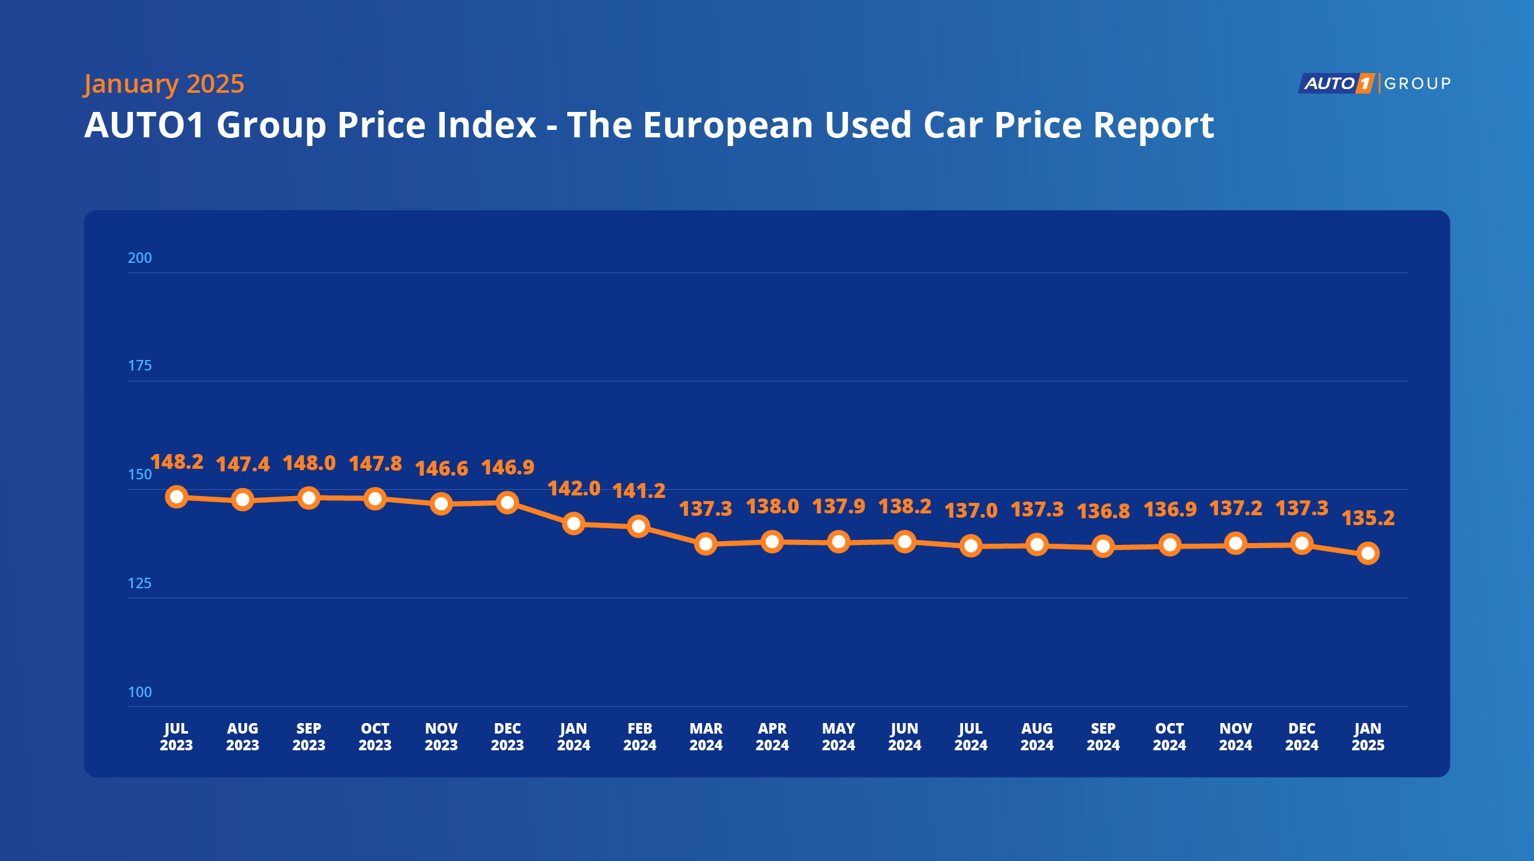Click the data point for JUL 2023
point(177,497)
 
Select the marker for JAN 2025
point(1368,553)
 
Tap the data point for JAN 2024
point(573,524)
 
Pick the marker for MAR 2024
point(706,544)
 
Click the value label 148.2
point(177,462)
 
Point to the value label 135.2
point(1368,518)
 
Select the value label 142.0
point(573,489)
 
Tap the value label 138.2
point(904,507)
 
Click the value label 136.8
point(1103,512)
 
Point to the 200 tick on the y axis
point(140,258)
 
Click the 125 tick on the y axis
point(140,583)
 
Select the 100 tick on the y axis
point(140,692)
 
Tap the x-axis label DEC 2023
point(507,737)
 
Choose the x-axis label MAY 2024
point(838,737)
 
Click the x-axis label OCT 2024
point(1169,737)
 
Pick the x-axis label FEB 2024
point(640,737)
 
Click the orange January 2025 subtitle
point(164,84)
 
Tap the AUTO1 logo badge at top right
point(1337,84)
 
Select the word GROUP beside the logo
point(1417,84)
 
